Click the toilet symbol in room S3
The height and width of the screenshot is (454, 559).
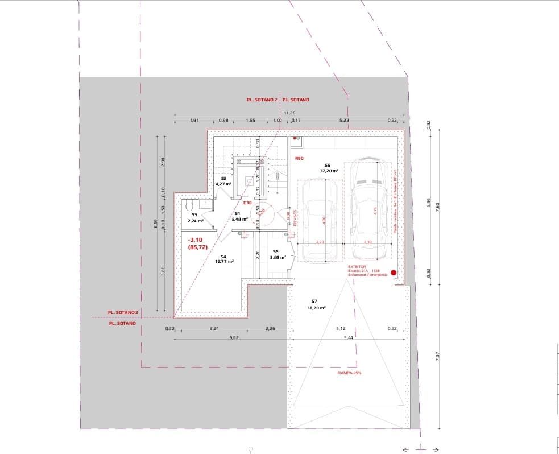(189, 205)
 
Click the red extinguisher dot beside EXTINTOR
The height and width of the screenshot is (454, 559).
(393, 273)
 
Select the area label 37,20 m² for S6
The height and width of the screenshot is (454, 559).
(329, 171)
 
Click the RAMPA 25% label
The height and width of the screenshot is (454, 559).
(349, 373)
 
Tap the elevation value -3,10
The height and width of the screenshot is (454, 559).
(196, 241)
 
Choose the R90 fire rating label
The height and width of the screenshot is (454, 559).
(299, 158)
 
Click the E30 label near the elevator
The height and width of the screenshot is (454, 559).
(247, 203)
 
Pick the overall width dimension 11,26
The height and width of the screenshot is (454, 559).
(289, 113)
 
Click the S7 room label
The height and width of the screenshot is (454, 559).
(314, 301)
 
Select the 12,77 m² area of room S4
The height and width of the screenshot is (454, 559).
(224, 262)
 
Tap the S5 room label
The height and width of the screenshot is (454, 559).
(275, 251)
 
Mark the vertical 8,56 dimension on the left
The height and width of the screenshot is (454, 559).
(155, 225)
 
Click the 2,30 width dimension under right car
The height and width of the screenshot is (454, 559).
(367, 242)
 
